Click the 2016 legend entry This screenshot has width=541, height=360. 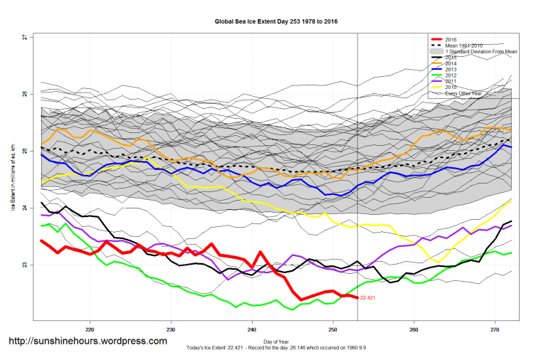coord(451,39)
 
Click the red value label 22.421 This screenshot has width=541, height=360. coord(372,298)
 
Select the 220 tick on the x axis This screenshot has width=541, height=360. coord(90,329)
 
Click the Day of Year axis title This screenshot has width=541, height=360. coord(276,342)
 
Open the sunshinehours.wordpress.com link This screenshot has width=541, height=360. coord(88,342)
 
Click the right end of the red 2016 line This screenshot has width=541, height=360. coord(357,297)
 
